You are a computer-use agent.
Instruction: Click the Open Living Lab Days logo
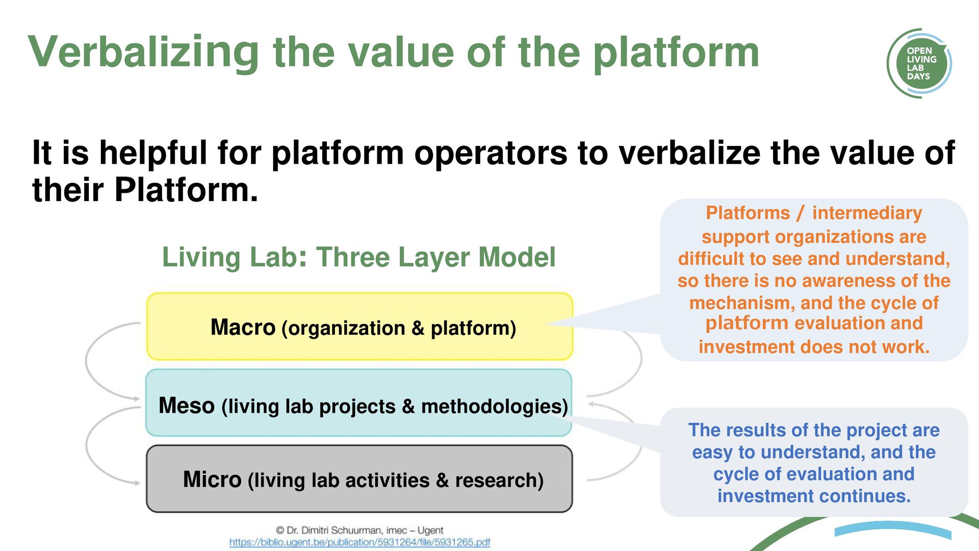coord(919,63)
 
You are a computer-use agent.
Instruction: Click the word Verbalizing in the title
coord(144,52)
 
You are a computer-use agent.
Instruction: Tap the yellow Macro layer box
coord(359,327)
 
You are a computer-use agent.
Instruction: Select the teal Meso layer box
coord(358,403)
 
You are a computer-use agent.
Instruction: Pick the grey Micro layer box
coord(359,479)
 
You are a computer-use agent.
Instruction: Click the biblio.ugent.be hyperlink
coord(359,542)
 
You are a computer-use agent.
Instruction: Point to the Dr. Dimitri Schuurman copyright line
coord(359,530)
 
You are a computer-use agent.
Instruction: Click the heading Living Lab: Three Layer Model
coord(358,257)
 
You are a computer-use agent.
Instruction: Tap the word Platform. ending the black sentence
coord(186,189)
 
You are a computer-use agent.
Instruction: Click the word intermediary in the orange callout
coord(867,213)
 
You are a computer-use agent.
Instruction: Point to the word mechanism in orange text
coord(742,303)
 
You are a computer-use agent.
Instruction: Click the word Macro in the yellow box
coord(243,327)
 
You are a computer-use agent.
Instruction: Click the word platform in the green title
coord(676,54)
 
